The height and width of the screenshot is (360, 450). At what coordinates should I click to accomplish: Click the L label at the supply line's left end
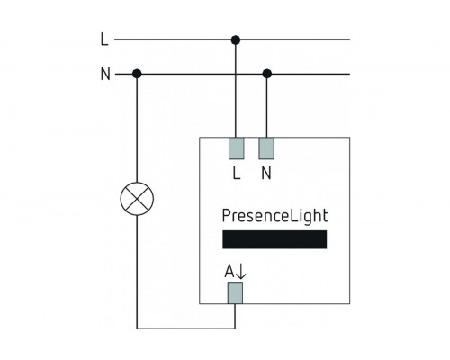tap(103, 40)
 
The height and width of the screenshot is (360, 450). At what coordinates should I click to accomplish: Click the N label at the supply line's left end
tap(104, 73)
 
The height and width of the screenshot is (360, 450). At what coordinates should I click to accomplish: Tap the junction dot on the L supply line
tap(236, 40)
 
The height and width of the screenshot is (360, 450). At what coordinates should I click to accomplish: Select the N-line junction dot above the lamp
tap(136, 73)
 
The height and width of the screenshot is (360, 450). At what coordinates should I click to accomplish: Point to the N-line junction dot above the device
tap(266, 73)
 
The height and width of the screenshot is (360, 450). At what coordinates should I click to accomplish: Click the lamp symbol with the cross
tap(136, 200)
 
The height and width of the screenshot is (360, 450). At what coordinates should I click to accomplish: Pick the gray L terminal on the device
tap(237, 148)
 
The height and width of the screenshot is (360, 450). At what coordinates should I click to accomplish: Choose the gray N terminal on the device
tap(266, 148)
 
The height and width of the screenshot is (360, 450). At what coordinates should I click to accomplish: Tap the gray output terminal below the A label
tap(236, 292)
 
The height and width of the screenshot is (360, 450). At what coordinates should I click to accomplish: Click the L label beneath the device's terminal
tap(237, 174)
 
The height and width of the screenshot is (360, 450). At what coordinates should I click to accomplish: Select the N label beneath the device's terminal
tap(266, 174)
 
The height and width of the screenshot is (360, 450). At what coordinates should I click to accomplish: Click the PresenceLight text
tap(274, 217)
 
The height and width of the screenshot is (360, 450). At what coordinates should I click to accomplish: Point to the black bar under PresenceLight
tap(274, 240)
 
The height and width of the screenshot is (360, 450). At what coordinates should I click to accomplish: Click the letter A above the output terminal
tap(229, 268)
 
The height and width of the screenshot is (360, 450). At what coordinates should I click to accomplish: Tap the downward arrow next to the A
tap(240, 268)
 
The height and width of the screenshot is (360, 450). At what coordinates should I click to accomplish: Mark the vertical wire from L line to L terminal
tap(236, 90)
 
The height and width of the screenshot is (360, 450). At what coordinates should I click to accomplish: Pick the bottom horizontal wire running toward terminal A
tap(184, 326)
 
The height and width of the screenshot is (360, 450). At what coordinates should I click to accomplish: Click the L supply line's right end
tap(346, 40)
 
